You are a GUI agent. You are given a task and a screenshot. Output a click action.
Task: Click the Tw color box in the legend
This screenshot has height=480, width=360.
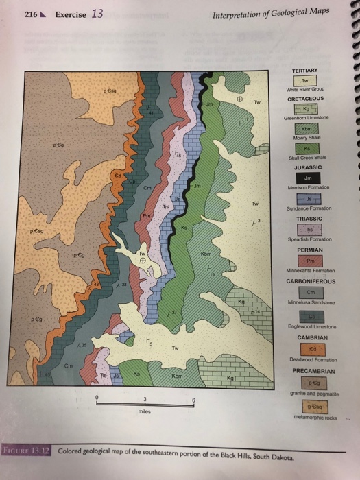(x=303, y=82)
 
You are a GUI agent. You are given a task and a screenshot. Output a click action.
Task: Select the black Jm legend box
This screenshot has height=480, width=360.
(x=303, y=177)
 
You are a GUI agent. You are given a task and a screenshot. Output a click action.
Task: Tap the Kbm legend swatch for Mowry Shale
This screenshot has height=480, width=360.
(x=303, y=130)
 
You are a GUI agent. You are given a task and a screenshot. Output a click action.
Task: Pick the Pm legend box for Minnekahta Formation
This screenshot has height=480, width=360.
(x=303, y=261)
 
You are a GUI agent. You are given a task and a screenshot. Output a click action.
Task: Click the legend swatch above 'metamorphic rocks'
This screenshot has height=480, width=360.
(x=303, y=405)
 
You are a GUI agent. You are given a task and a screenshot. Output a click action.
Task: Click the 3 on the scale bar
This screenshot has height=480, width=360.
(x=145, y=400)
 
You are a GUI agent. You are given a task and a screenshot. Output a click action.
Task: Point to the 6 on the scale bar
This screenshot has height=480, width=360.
(x=194, y=400)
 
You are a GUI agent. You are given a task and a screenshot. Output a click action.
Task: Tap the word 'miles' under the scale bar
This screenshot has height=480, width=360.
(x=145, y=413)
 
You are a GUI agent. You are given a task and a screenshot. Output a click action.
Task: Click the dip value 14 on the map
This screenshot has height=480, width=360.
(x=259, y=312)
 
